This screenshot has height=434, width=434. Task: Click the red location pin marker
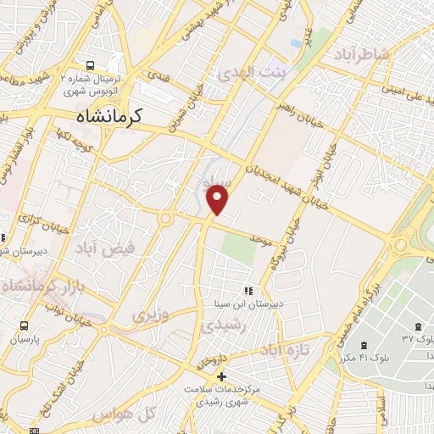click(x=218, y=198)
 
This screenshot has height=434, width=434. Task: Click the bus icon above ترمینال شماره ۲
click(x=92, y=64)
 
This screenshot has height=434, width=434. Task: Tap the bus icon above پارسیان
click(x=24, y=325)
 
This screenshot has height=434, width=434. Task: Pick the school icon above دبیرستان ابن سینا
click(x=248, y=290)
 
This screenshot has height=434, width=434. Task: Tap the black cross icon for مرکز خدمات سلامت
click(x=222, y=376)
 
